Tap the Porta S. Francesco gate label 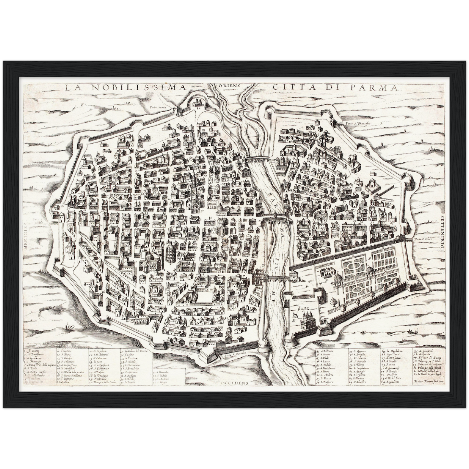point(359,124)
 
